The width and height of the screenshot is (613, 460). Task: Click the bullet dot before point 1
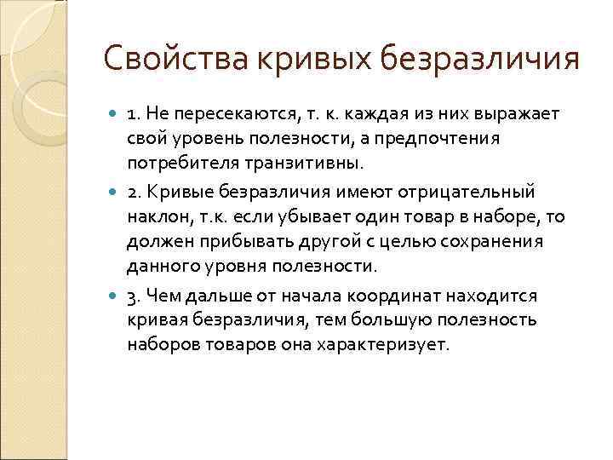[116, 115]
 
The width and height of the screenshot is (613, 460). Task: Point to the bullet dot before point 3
[116, 296]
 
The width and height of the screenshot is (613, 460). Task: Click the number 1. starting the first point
[134, 115]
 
